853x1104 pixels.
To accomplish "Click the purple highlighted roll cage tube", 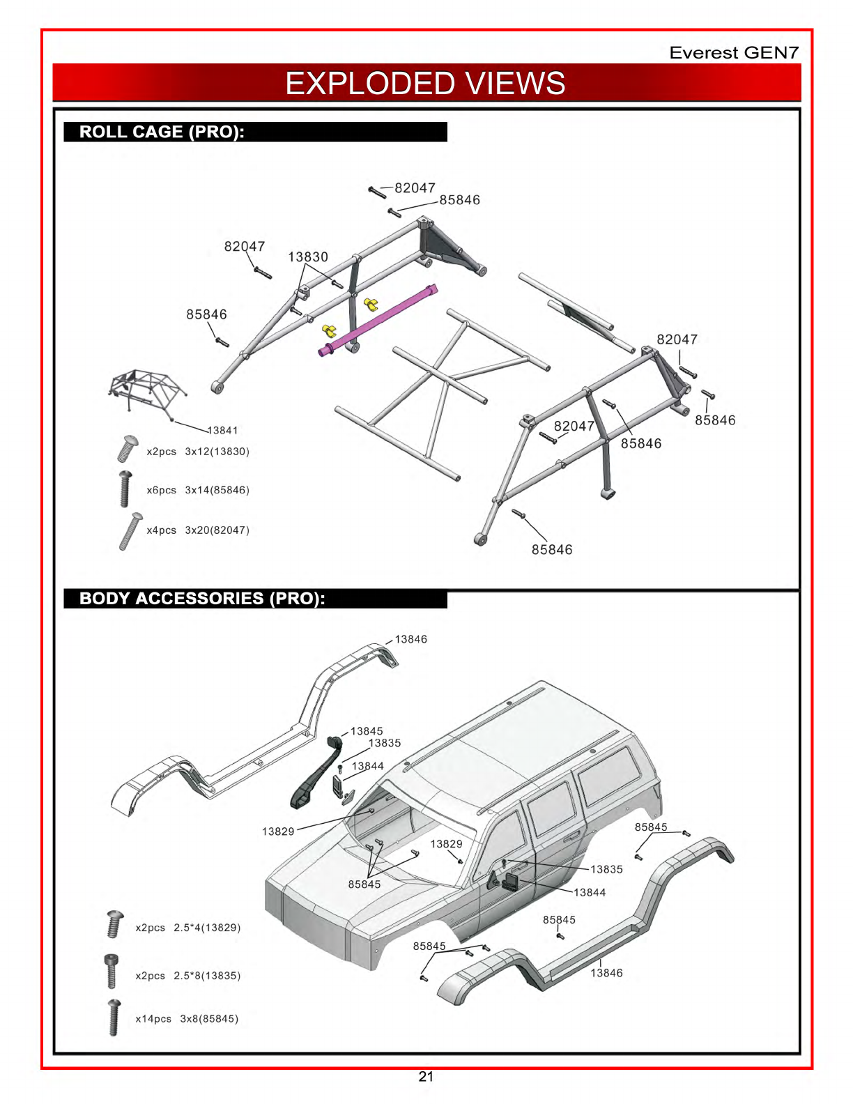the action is pyautogui.click(x=378, y=321).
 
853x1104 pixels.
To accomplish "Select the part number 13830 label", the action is pyautogui.click(x=308, y=257).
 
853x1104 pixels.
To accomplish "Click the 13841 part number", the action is pyautogui.click(x=222, y=430).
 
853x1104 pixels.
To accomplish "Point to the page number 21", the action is pyautogui.click(x=426, y=1077).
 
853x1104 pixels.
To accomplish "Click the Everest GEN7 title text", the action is pyautogui.click(x=734, y=52).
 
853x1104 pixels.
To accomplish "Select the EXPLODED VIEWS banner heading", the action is pyautogui.click(x=425, y=83).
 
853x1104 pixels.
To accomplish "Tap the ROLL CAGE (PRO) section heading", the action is pyautogui.click(x=162, y=132).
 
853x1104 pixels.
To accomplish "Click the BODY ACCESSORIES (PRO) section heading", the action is pyautogui.click(x=202, y=598).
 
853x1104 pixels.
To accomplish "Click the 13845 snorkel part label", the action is pyautogui.click(x=367, y=731).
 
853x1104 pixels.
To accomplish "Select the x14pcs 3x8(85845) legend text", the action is pyautogui.click(x=187, y=1019).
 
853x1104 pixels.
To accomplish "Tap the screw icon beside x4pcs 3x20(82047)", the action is pyautogui.click(x=130, y=531).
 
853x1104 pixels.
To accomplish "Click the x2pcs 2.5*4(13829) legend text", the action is pyautogui.click(x=188, y=927).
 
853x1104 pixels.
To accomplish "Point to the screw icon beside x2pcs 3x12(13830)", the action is pyautogui.click(x=127, y=449).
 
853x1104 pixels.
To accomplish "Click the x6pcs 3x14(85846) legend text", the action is pyautogui.click(x=198, y=490).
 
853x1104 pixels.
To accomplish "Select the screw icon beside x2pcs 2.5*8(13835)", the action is pyautogui.click(x=112, y=971).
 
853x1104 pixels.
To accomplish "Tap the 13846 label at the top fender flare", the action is pyautogui.click(x=411, y=639).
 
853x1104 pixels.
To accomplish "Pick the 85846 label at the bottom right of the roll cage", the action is pyautogui.click(x=552, y=550).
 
